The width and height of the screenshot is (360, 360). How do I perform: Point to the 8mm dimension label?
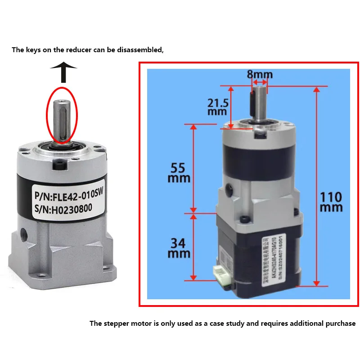259,74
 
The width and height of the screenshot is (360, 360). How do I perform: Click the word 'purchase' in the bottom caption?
339,323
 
